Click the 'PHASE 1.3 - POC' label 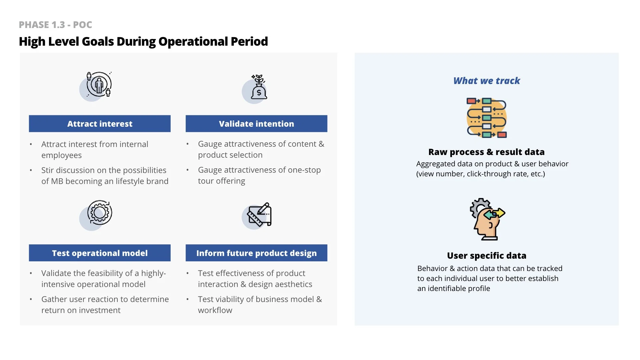(55, 25)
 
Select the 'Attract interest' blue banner (100, 124)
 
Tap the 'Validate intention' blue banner (256, 124)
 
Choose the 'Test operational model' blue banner (100, 253)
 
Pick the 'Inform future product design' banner (256, 253)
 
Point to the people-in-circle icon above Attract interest (98, 85)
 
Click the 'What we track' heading (486, 81)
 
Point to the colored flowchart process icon (487, 118)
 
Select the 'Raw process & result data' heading (486, 152)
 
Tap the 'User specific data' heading (486, 256)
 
